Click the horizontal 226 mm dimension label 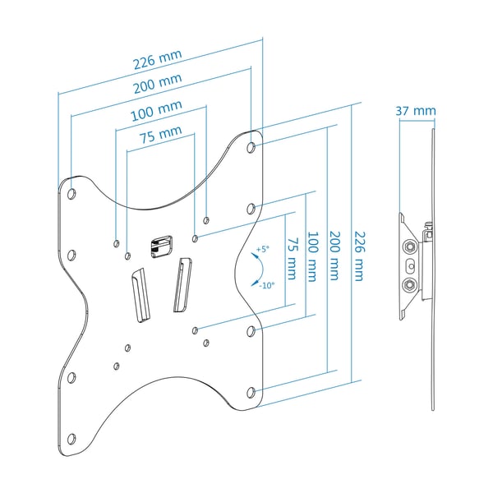pos(158,59)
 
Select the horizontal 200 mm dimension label pos(158,84)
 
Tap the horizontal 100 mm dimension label pos(157,111)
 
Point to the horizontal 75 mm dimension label pos(161,134)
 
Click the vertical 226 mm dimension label pos(360,256)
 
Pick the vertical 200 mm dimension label pos(334,256)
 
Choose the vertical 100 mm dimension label pos(312,256)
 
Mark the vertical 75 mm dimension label pos(292,259)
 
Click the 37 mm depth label pos(416,111)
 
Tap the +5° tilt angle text pos(263,249)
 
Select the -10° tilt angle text pos(266,285)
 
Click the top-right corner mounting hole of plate pos(251,147)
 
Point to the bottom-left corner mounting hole pos(71,439)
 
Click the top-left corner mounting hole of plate pos(71,194)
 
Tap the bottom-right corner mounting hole pos(251,392)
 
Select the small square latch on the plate pos(162,246)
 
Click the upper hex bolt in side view pos(410,246)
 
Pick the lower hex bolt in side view pos(410,285)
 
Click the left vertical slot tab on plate pos(141,295)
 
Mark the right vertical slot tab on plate pos(182,285)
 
